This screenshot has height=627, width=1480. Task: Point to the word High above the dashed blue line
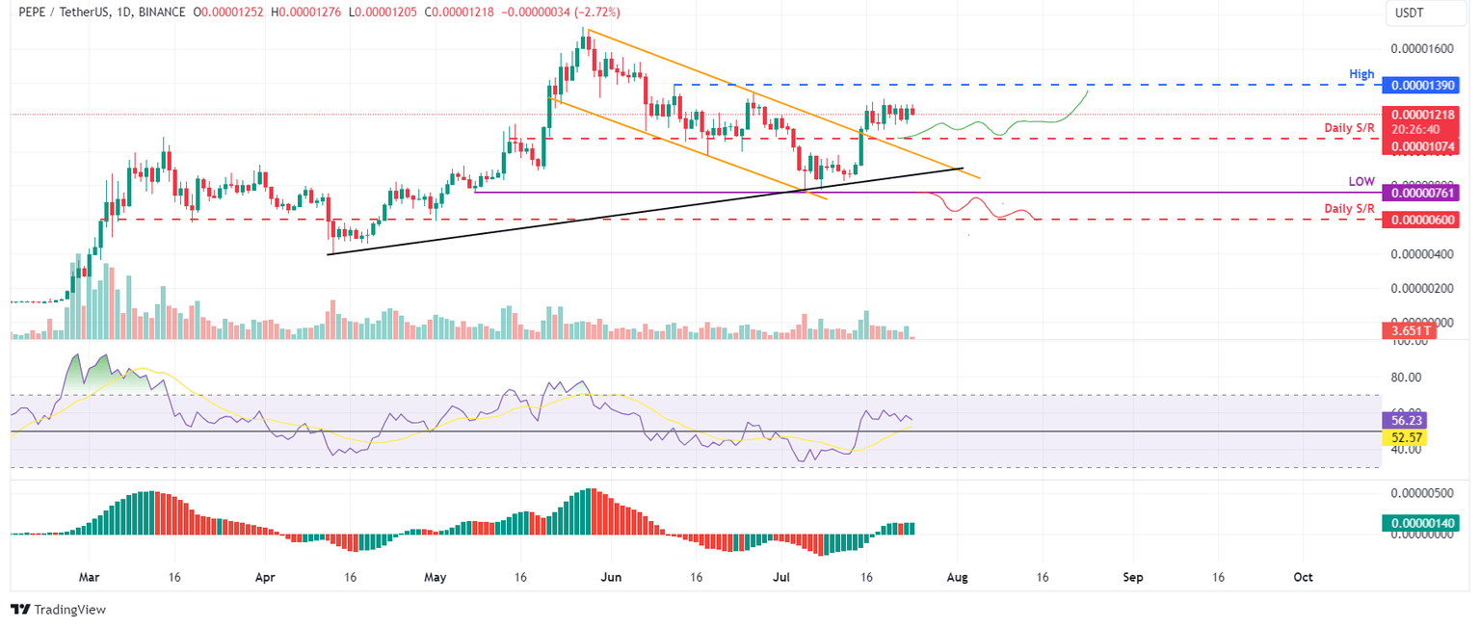point(1360,73)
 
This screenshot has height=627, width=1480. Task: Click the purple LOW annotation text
point(1361,181)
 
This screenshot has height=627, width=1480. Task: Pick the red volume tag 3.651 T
point(1408,330)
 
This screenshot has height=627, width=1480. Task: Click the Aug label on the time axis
point(957,578)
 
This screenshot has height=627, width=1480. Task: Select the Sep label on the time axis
point(1133,578)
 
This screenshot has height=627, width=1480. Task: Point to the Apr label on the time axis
point(265,578)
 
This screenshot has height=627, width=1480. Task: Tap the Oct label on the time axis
point(1303,578)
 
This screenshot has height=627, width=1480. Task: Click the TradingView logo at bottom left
point(58,610)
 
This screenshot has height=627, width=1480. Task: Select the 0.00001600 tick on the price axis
point(1422,48)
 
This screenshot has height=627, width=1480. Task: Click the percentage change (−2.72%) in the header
point(595,13)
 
